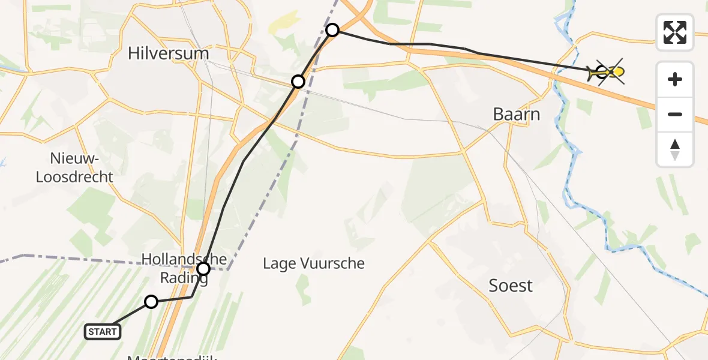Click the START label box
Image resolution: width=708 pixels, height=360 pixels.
103,332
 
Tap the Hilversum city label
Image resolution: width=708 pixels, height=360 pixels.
168,53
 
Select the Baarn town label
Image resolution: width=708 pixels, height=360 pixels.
516,113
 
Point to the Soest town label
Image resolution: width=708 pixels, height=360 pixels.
511,286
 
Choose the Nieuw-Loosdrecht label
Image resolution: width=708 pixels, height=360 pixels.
74,168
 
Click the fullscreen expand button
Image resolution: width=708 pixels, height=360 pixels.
675,32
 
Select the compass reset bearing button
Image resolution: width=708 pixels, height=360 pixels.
675,149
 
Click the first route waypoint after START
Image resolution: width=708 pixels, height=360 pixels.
151,302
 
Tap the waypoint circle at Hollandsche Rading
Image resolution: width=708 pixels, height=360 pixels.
203,268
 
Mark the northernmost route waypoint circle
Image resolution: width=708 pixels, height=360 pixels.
332,29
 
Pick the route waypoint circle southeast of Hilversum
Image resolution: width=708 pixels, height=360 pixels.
298,82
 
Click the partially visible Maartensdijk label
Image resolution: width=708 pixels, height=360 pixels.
172,358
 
